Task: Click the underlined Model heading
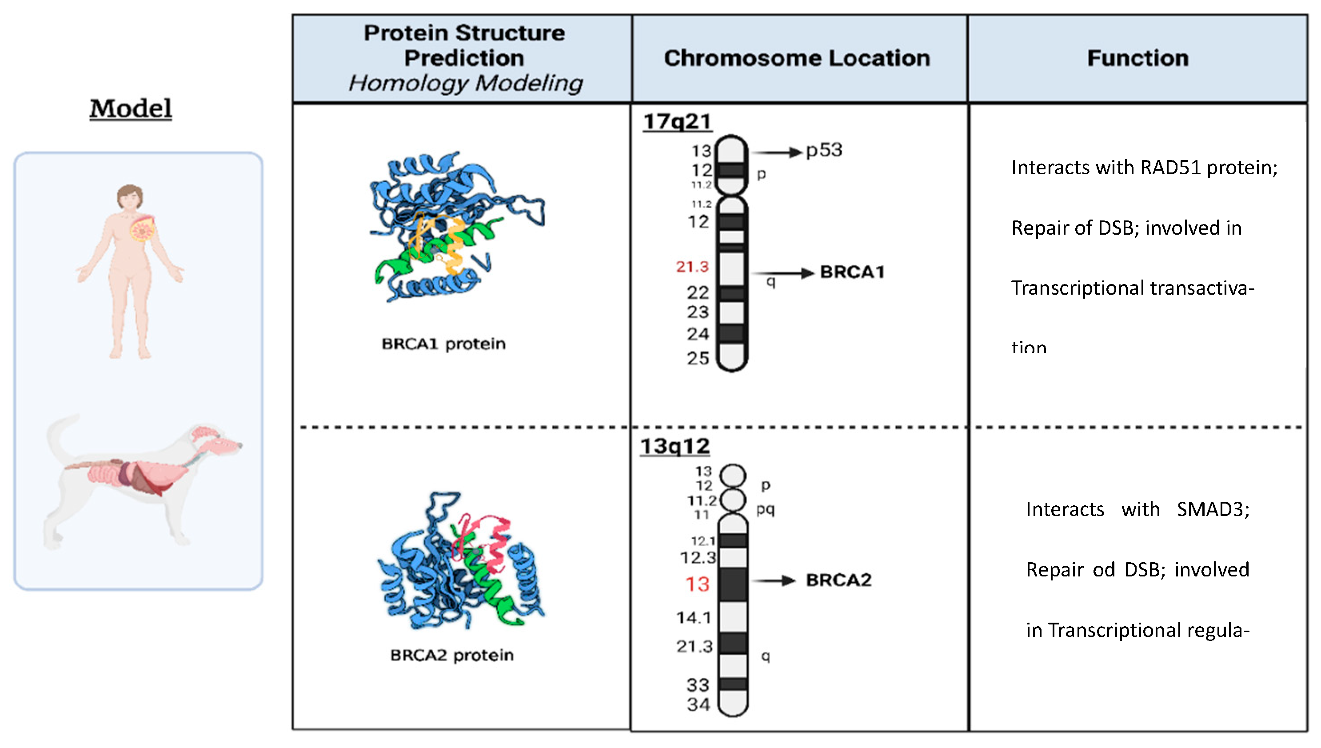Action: tap(131, 108)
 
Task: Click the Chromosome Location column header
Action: tap(797, 58)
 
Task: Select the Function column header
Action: tap(1137, 58)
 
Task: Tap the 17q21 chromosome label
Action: tap(677, 122)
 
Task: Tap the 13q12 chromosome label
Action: tap(675, 446)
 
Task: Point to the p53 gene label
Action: tap(824, 150)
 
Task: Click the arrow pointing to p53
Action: tap(776, 152)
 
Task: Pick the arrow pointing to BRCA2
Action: tap(774, 580)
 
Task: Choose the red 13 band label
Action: tap(697, 584)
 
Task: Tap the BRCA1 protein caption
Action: tap(443, 344)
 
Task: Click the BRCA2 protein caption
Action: tap(451, 655)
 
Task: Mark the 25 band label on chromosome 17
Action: tap(698, 358)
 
